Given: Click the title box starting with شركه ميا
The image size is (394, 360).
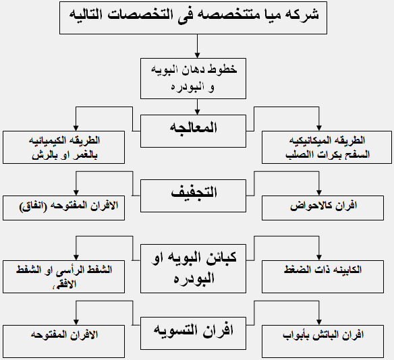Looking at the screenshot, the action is [x=193, y=18].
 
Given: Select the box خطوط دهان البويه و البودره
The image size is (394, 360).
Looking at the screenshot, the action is [x=193, y=79].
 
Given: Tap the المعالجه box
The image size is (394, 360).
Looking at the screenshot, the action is [x=193, y=131].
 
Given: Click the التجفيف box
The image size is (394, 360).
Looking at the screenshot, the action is [x=193, y=196].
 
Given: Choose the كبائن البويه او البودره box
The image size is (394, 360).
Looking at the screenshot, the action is [x=193, y=268].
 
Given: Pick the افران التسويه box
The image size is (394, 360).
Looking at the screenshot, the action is [x=193, y=334].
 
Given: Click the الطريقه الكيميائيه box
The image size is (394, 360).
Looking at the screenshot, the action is [x=64, y=148].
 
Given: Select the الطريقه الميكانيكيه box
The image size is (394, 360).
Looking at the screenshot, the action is [x=327, y=148].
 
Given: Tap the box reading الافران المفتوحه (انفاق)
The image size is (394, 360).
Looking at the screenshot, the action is [x=64, y=208].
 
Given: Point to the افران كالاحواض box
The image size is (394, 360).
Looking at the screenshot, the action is [x=322, y=208].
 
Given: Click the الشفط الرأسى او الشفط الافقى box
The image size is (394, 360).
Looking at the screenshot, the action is [x=64, y=276].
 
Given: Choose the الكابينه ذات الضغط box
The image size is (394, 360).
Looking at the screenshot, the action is [x=322, y=276].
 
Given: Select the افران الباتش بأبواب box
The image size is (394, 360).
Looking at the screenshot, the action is [x=322, y=341].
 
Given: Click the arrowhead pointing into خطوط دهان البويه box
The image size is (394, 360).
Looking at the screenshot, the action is [x=197, y=55].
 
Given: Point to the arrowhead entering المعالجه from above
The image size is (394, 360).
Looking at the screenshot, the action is [x=197, y=112].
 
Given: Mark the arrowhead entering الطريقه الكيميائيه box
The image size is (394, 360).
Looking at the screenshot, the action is [x=76, y=128].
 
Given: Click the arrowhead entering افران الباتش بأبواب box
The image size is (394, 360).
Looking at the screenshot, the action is [x=319, y=322].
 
